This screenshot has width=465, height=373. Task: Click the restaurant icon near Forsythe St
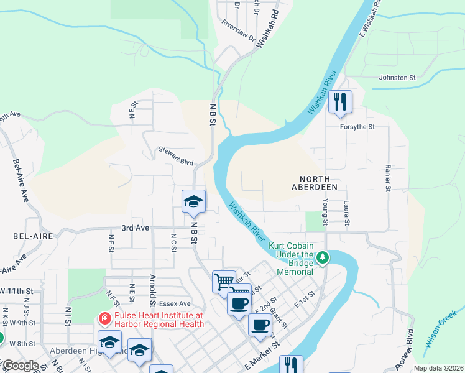pos(340,101)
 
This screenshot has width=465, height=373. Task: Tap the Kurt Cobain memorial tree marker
pos(323,256)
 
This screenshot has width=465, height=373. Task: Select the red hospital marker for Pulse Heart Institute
pos(104,318)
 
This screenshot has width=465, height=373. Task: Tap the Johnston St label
pos(397,78)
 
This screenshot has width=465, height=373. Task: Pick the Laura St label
pos(347,213)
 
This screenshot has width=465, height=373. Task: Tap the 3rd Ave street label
pos(135,228)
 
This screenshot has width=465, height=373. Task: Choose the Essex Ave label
pos(175,304)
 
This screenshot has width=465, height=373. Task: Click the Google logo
pos(20,366)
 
